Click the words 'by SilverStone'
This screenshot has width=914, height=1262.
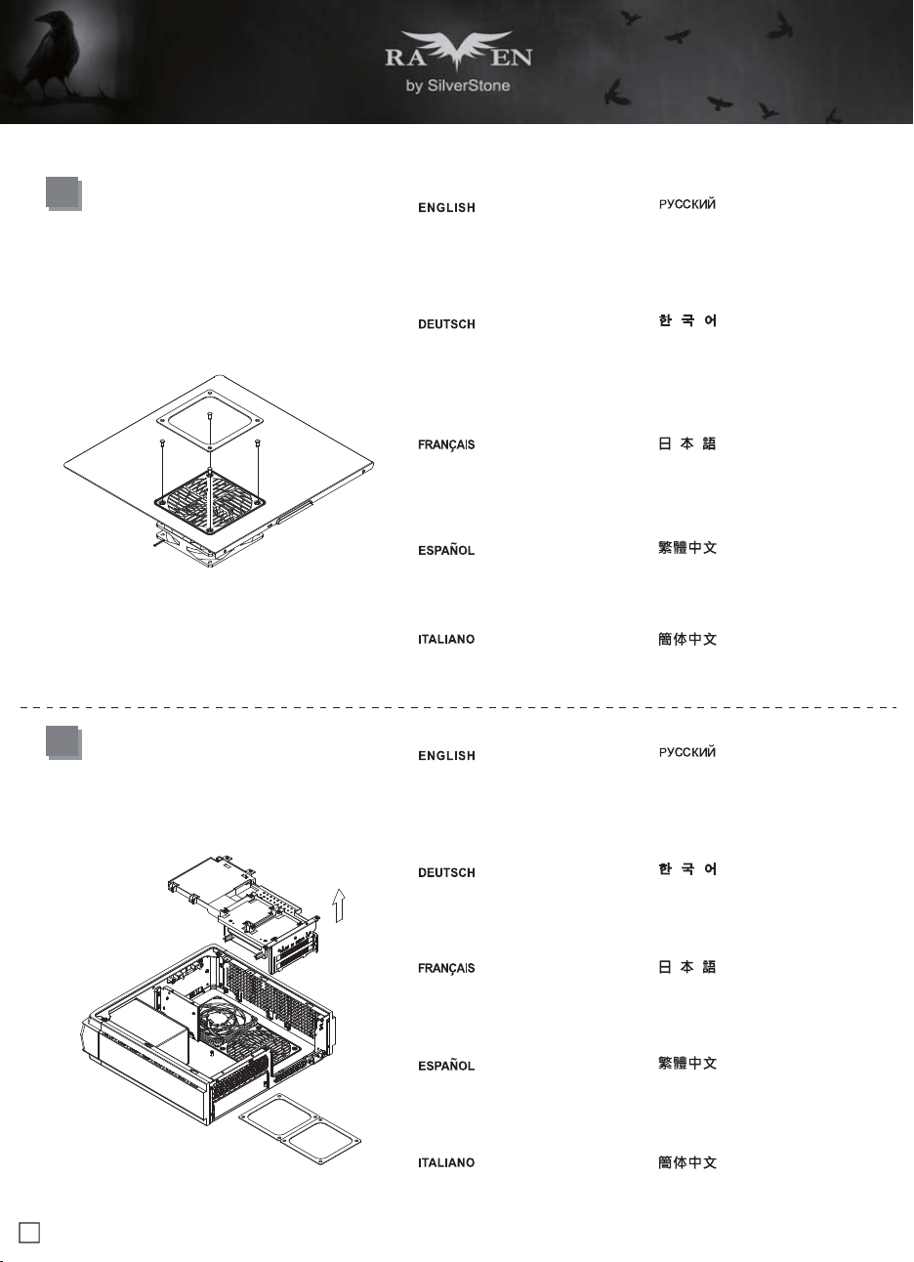coord(458,86)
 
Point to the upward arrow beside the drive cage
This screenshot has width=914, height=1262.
coord(339,905)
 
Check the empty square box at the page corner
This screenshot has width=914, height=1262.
coord(29,1232)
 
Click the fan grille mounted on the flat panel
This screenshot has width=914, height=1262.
coord(210,502)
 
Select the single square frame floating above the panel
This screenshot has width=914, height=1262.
coord(210,420)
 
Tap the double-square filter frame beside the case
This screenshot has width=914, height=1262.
coord(300,1128)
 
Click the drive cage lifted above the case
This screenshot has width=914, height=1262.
coord(244,912)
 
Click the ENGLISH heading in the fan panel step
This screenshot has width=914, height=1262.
coord(446,208)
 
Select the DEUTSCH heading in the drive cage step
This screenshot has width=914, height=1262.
coord(446,872)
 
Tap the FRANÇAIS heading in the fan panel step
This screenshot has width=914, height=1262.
coord(446,445)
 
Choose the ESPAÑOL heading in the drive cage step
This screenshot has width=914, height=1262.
coord(446,1065)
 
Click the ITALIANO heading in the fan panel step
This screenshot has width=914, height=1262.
coord(446,640)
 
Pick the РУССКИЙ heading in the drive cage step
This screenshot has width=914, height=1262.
coord(687,751)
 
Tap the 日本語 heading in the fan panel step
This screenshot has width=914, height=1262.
coord(687,444)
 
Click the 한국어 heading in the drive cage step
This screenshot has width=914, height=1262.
coord(687,868)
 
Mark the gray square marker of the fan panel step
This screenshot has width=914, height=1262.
coord(63,193)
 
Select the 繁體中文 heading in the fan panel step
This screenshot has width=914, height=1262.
coord(687,548)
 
